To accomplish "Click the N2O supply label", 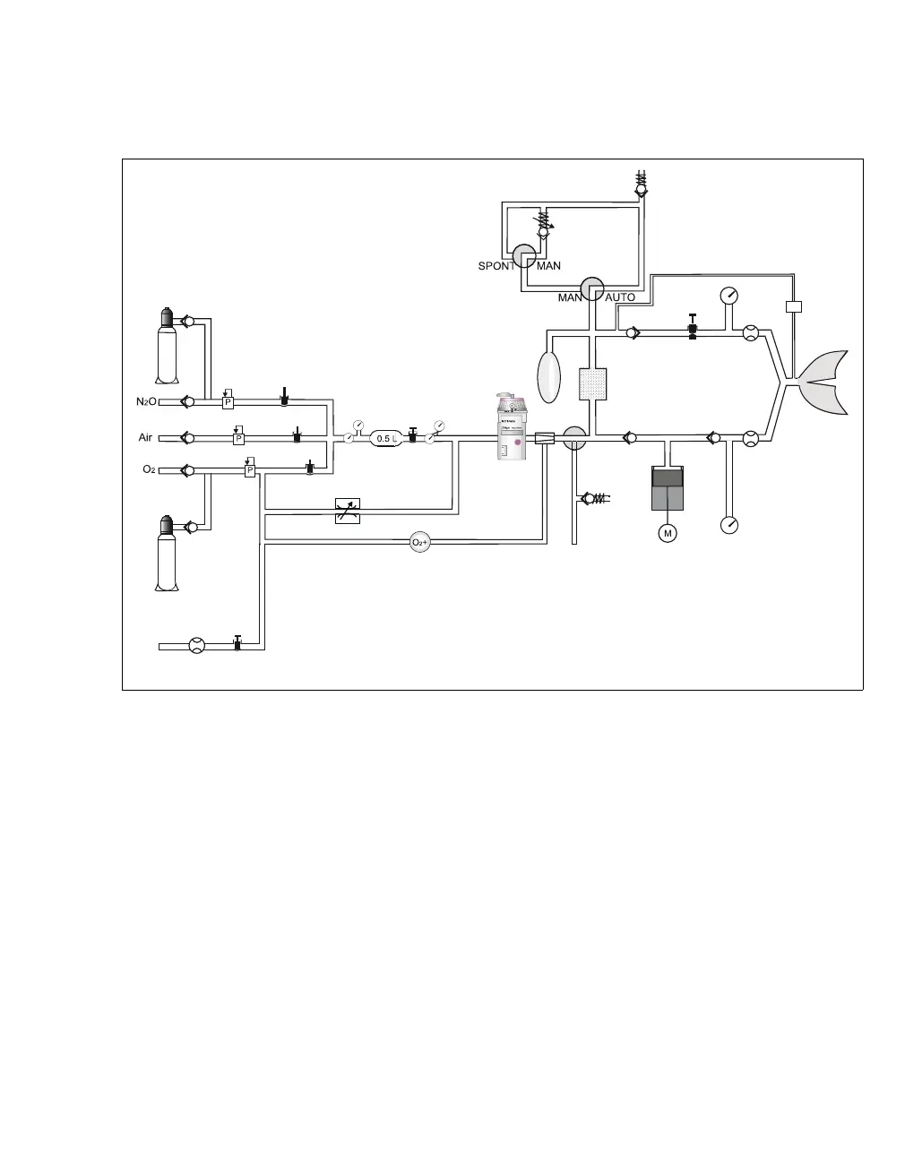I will (x=147, y=402).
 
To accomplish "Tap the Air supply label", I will (x=145, y=438).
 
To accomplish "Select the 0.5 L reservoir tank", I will (x=384, y=438).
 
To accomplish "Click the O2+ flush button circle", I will (x=420, y=542).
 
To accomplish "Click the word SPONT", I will (x=496, y=266).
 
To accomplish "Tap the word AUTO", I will (x=620, y=297).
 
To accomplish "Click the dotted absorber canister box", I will (x=594, y=383).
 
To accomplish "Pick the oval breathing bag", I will (x=547, y=377).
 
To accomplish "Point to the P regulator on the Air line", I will (x=238, y=438).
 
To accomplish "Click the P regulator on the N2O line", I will (x=228, y=402).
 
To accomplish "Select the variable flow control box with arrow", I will (x=347, y=510).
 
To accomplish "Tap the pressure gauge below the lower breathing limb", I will (x=729, y=524).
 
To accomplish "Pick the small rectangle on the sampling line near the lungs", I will (x=793, y=307).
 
